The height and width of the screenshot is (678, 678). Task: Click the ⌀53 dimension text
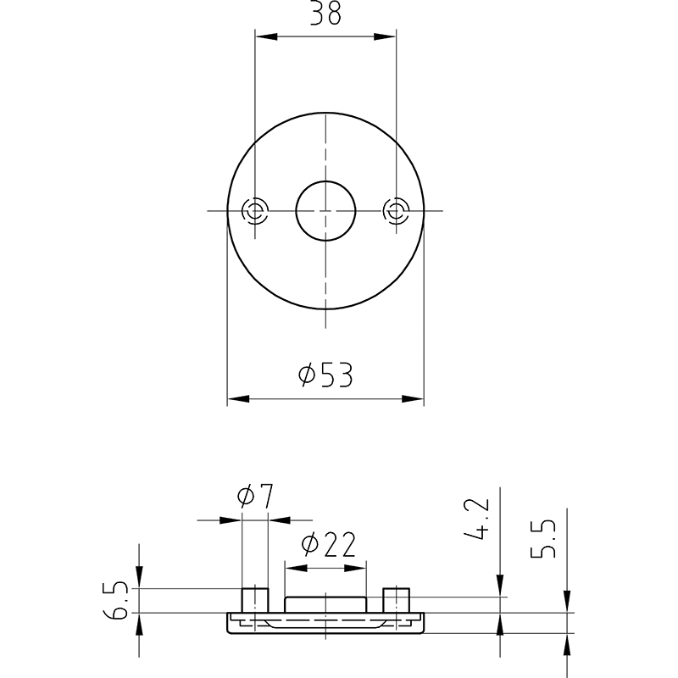click(325, 375)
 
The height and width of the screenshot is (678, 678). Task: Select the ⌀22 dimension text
click(329, 544)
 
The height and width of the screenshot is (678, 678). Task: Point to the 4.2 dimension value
click(477, 519)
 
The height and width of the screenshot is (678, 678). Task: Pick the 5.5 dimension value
click(543, 538)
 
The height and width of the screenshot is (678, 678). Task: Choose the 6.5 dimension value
click(116, 601)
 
